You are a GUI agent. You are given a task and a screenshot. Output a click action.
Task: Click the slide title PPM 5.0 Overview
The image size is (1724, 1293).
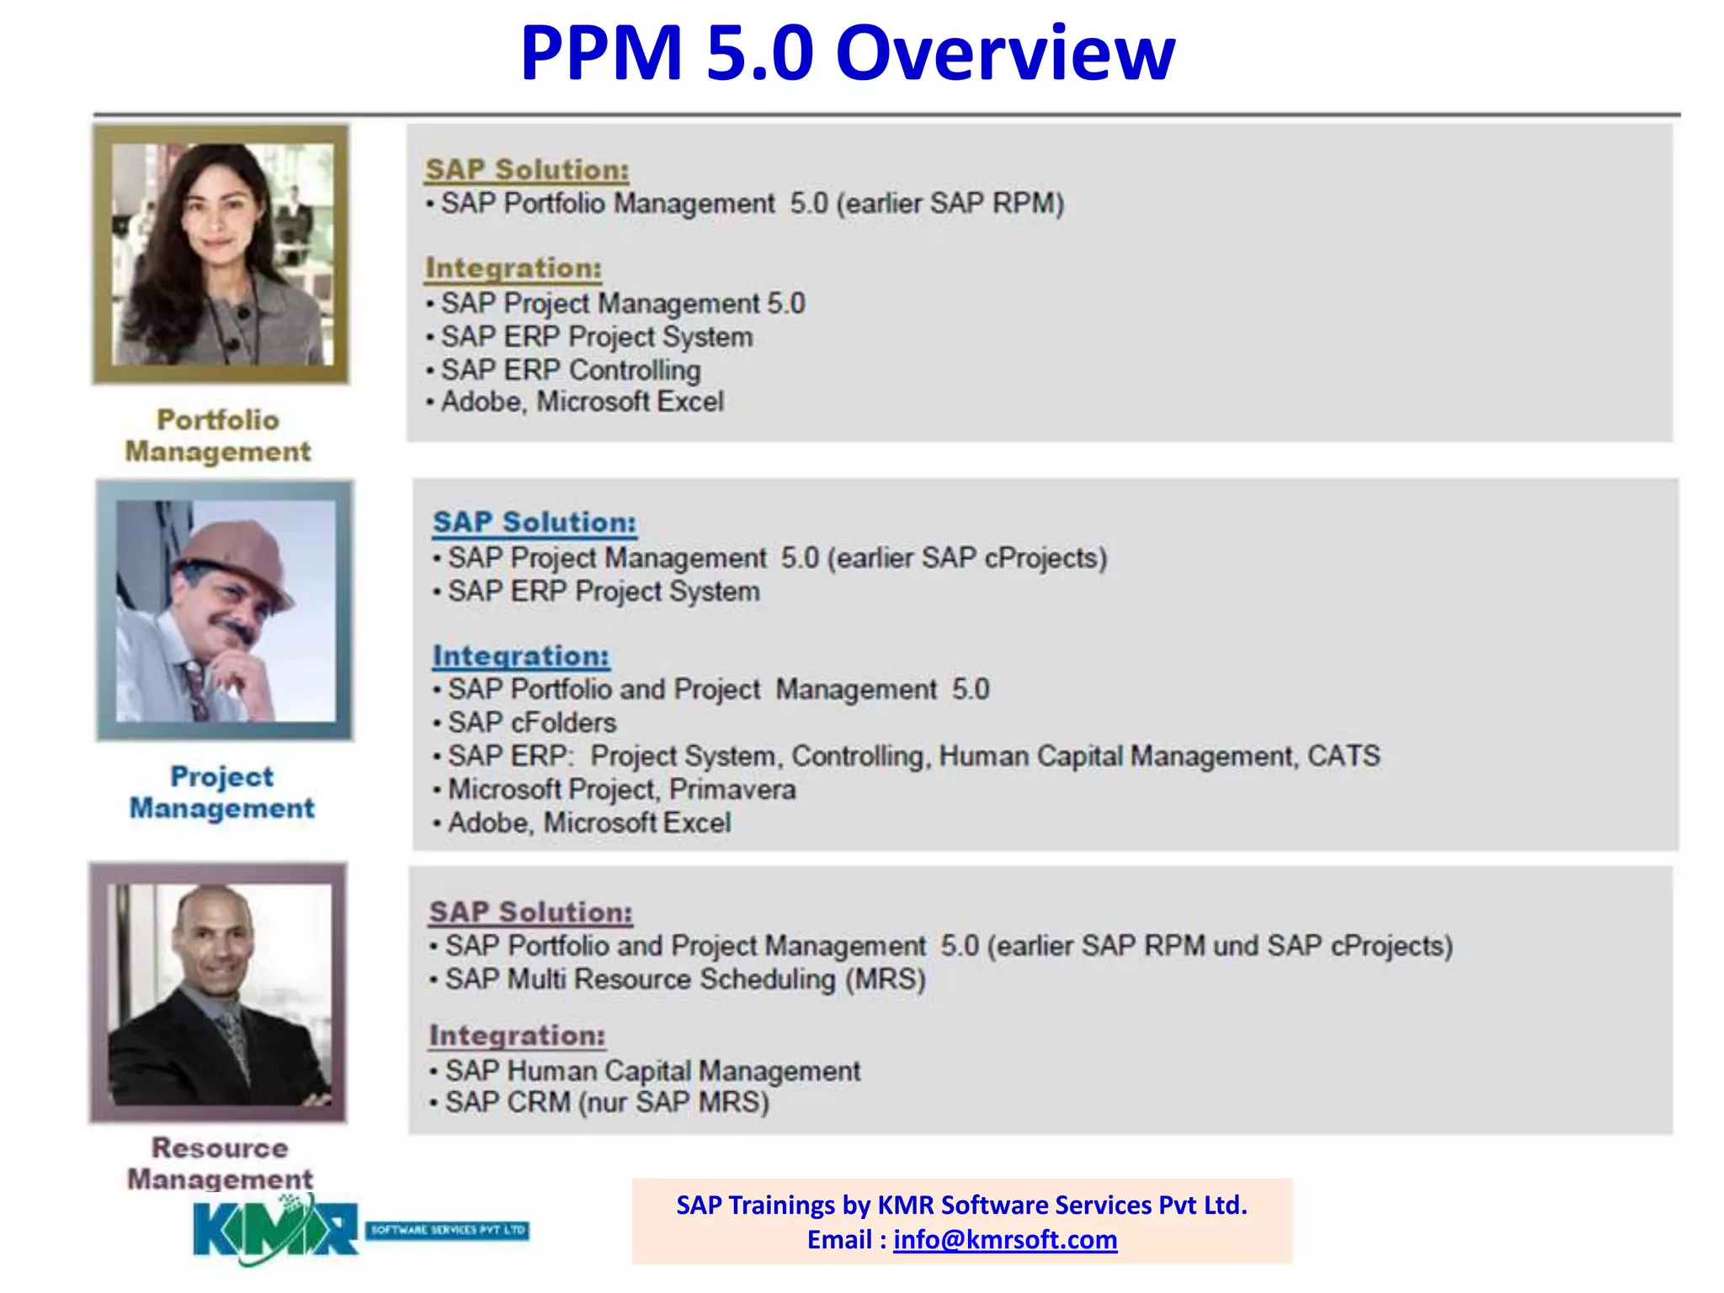847,53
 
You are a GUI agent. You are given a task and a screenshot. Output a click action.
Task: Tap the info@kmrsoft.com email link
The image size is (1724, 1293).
1005,1240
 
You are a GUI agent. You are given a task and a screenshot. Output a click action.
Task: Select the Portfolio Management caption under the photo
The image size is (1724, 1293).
218,436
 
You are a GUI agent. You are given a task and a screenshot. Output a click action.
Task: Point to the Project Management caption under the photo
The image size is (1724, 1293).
221,792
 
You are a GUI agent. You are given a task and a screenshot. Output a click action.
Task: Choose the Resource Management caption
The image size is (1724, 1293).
220,1163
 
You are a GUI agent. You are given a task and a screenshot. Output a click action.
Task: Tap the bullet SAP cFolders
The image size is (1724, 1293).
532,722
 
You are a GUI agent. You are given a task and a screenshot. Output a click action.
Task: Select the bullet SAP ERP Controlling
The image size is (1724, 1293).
571,370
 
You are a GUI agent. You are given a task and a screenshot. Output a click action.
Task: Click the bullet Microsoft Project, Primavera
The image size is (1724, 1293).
621,790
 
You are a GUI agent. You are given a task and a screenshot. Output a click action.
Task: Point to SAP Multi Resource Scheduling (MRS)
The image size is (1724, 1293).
685,979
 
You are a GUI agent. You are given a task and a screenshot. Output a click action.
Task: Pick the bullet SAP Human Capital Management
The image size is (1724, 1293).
652,1071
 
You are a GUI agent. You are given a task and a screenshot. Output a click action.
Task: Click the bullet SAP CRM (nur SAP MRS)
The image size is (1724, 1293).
607,1102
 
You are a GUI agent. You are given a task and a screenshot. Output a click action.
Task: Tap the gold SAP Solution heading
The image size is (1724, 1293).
527,169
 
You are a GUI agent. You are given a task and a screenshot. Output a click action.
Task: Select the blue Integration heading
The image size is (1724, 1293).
521,656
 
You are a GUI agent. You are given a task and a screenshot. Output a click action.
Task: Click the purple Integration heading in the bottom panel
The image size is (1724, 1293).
517,1035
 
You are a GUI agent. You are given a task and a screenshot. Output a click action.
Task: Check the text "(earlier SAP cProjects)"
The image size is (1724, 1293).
967,558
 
